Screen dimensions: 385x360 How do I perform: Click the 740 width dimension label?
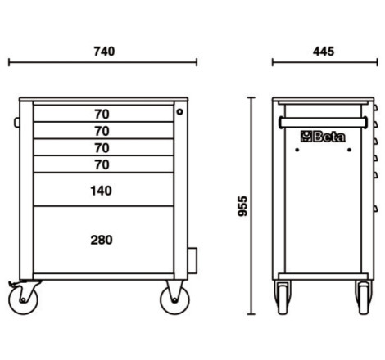click(x=104, y=52)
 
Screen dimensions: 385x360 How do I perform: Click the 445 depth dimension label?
click(x=324, y=52)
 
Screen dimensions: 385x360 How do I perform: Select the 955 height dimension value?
click(x=242, y=206)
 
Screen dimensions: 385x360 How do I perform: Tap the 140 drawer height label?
click(x=101, y=191)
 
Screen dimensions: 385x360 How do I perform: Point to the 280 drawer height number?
click(x=102, y=240)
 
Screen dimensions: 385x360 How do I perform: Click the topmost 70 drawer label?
click(x=102, y=115)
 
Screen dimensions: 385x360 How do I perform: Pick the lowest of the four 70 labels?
click(x=102, y=164)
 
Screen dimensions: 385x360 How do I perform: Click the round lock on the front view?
click(x=179, y=111)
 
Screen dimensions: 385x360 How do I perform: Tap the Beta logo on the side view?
click(x=323, y=137)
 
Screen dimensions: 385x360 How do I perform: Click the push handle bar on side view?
click(x=323, y=123)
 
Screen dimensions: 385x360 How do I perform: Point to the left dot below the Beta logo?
click(x=297, y=150)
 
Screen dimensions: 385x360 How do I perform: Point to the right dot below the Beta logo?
click(x=349, y=150)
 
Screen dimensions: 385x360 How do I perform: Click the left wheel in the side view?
click(x=283, y=298)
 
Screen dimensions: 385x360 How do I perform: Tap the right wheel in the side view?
click(x=364, y=298)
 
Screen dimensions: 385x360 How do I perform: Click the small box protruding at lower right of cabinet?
click(x=192, y=260)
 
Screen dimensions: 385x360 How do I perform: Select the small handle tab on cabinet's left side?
click(x=17, y=123)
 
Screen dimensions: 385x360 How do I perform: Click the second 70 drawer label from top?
click(x=102, y=131)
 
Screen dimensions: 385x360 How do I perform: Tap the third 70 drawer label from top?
click(x=102, y=148)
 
